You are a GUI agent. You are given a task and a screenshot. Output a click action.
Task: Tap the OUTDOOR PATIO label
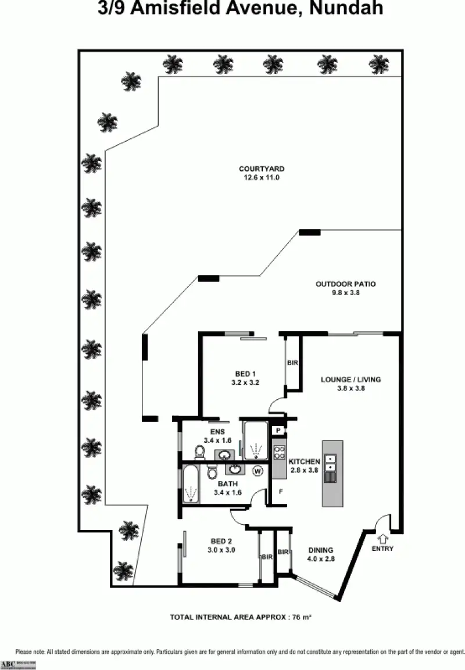tap(345, 284)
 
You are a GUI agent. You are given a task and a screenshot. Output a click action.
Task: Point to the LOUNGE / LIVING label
tap(351, 379)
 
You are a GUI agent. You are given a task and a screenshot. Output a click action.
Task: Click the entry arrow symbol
tap(382, 539)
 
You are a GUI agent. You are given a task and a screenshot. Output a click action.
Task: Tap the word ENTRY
tap(382, 549)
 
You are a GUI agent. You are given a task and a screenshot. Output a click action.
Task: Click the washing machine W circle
tap(257, 471)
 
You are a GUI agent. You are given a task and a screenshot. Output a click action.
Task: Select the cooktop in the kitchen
tap(278, 453)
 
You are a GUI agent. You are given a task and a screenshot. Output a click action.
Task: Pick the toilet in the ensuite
tap(199, 452)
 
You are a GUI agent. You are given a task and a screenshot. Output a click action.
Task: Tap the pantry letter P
tap(279, 431)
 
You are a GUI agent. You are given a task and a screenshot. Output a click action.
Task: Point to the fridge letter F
tap(281, 492)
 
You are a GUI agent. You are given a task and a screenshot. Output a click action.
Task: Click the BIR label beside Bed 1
tap(292, 363)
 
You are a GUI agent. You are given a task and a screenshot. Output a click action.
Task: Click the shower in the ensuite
tap(255, 442)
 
